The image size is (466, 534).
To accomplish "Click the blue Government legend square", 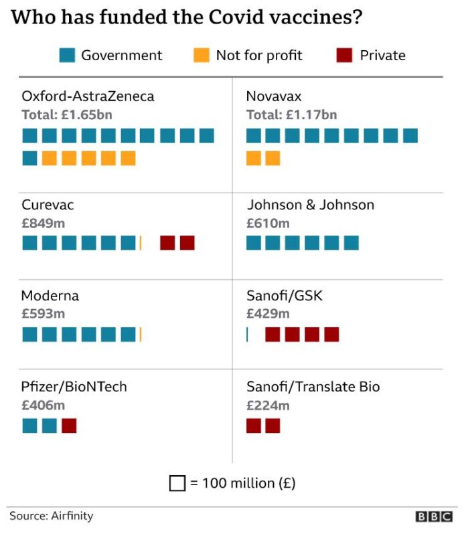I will point(67,55).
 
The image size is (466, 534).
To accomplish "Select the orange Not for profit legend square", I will point(202,55).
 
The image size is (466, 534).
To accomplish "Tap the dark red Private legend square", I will point(344,55).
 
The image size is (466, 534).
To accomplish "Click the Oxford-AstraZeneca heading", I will point(88,96).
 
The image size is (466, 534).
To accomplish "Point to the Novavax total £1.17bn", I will point(291,114).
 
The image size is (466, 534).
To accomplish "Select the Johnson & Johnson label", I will point(310,205).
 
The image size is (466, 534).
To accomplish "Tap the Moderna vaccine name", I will point(50,295).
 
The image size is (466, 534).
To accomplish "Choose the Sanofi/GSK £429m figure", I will point(268,313).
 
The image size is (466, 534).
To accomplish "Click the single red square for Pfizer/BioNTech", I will point(69,426).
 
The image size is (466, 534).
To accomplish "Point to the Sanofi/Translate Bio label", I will point(313,387).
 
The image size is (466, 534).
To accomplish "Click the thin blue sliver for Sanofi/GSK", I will point(247,335).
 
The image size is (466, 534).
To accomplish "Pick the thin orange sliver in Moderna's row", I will point(141,335).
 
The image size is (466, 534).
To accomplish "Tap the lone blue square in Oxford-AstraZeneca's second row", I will point(29,158).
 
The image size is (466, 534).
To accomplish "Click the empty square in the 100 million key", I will point(177,482).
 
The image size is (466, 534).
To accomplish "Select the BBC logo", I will point(434,517).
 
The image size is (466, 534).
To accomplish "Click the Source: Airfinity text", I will point(52,516).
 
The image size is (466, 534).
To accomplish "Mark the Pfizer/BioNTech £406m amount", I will point(43,405).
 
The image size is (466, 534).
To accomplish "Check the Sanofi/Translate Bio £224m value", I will point(268,405).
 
